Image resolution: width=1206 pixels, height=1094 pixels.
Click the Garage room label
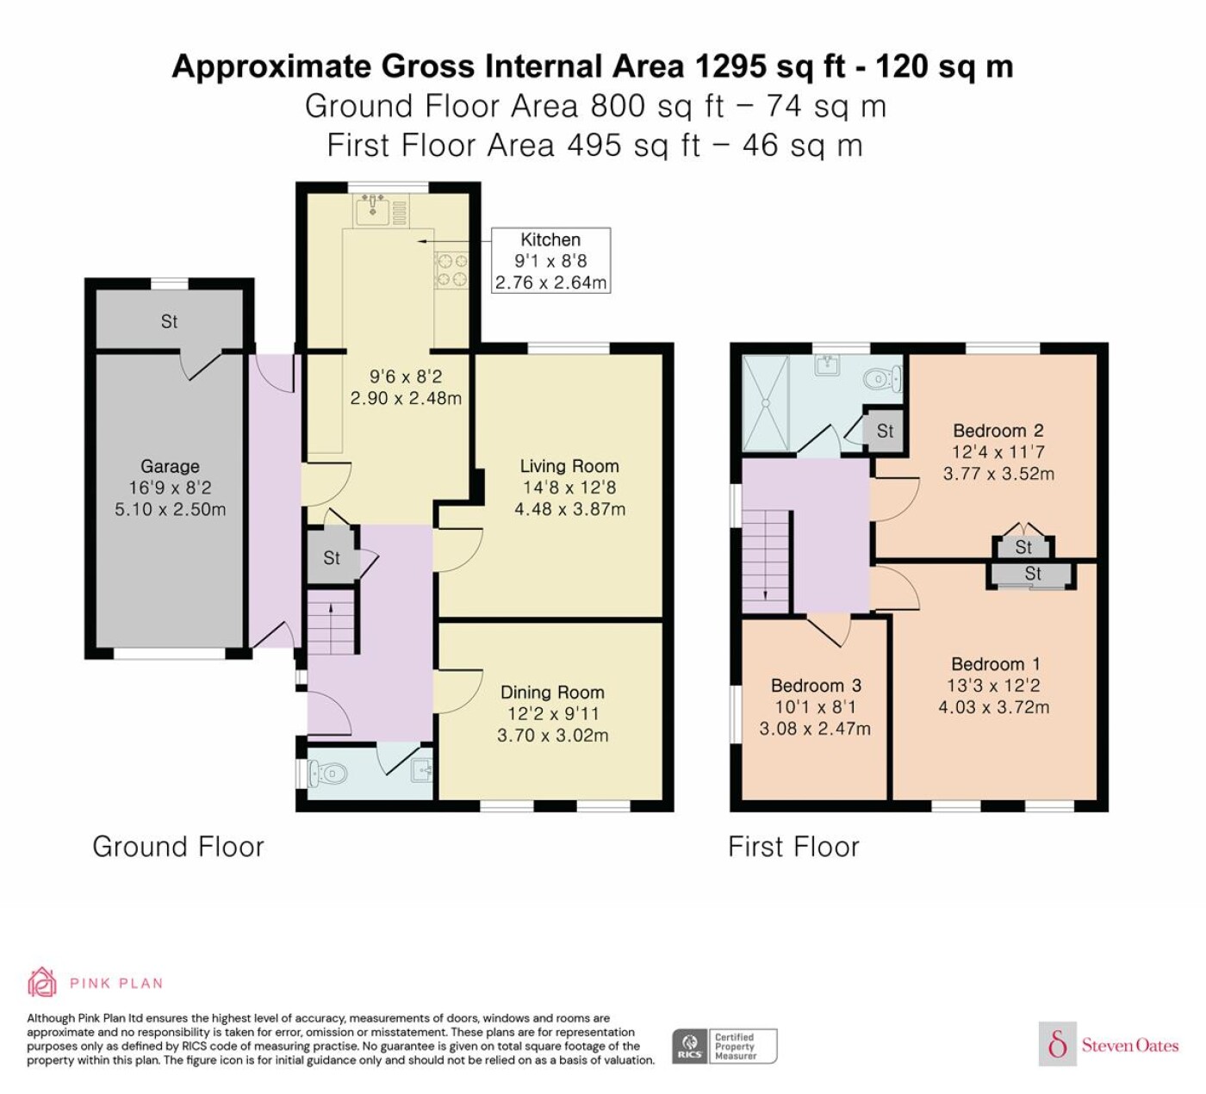tap(170, 466)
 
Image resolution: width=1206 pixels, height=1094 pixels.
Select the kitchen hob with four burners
tap(451, 270)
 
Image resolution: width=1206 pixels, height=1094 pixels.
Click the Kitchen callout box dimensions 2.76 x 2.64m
tap(550, 282)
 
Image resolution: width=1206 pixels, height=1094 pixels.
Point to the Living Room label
tap(569, 466)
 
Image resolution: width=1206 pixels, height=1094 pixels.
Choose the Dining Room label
tap(552, 693)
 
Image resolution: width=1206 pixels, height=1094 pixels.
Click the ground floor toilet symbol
tap(326, 773)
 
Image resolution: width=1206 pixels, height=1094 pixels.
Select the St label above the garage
tap(169, 322)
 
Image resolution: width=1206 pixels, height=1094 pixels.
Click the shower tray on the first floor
tap(765, 403)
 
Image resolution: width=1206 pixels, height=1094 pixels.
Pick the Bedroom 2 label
tap(998, 431)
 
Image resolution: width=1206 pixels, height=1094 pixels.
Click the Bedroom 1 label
tap(996, 664)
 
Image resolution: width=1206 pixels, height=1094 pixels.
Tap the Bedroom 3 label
tap(816, 686)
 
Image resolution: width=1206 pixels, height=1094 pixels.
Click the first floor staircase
tap(765, 562)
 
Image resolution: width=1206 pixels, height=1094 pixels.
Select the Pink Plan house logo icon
tap(42, 983)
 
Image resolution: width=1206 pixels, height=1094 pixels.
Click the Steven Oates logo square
tap(1058, 1043)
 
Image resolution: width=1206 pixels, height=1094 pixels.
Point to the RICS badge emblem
tap(690, 1046)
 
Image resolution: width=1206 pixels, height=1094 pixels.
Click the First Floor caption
tap(793, 847)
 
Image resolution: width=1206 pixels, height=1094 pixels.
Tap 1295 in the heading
tap(730, 66)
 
